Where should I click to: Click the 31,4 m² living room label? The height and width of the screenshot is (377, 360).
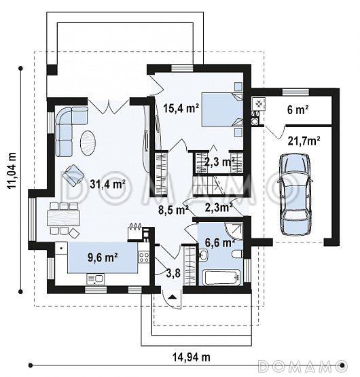pyautogui.click(x=107, y=184)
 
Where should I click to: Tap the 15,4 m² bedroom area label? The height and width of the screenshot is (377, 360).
pyautogui.click(x=181, y=108)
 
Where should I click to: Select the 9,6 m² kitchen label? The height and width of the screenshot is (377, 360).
pyautogui.click(x=103, y=257)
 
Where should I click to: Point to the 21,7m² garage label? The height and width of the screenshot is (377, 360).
pyautogui.click(x=304, y=141)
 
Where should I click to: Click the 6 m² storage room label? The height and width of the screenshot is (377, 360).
pyautogui.click(x=298, y=109)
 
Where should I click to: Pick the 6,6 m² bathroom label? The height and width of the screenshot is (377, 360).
pyautogui.click(x=219, y=243)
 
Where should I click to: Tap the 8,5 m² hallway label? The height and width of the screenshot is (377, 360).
pyautogui.click(x=173, y=210)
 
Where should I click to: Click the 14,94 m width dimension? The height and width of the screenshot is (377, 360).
pyautogui.click(x=192, y=357)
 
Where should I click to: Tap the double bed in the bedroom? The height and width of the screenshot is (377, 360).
pyautogui.click(x=222, y=109)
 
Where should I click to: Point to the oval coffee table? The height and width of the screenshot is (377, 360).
pyautogui.click(x=88, y=143)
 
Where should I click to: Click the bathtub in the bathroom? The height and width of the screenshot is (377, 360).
pyautogui.click(x=221, y=277)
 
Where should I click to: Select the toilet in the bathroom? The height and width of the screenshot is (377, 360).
pyautogui.click(x=238, y=254)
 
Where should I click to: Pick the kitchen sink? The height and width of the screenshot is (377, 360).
pyautogui.click(x=96, y=279)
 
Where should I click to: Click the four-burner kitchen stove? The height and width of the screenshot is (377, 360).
pyautogui.click(x=143, y=257)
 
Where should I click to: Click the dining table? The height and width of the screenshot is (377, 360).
pyautogui.click(x=63, y=218)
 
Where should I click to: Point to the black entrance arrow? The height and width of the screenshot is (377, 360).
pyautogui.click(x=172, y=297)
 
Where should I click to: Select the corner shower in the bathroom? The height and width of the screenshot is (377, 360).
pyautogui.click(x=234, y=231)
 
